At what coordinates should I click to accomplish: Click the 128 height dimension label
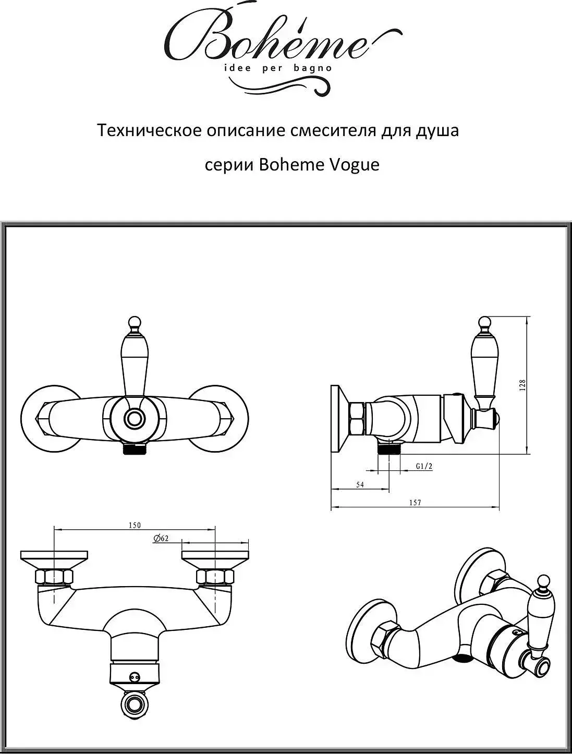click(523, 385)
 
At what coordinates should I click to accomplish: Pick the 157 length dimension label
click(415, 503)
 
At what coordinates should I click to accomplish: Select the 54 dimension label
click(360, 484)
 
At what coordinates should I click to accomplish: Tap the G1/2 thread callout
click(424, 467)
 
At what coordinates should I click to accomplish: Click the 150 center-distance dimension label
click(135, 525)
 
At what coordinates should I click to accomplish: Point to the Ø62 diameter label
click(161, 539)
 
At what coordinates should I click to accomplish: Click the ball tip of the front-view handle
click(135, 321)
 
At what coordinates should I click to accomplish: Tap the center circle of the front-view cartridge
click(135, 418)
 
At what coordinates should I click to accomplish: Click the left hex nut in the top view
click(54, 577)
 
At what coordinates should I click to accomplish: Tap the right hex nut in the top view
click(215, 577)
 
